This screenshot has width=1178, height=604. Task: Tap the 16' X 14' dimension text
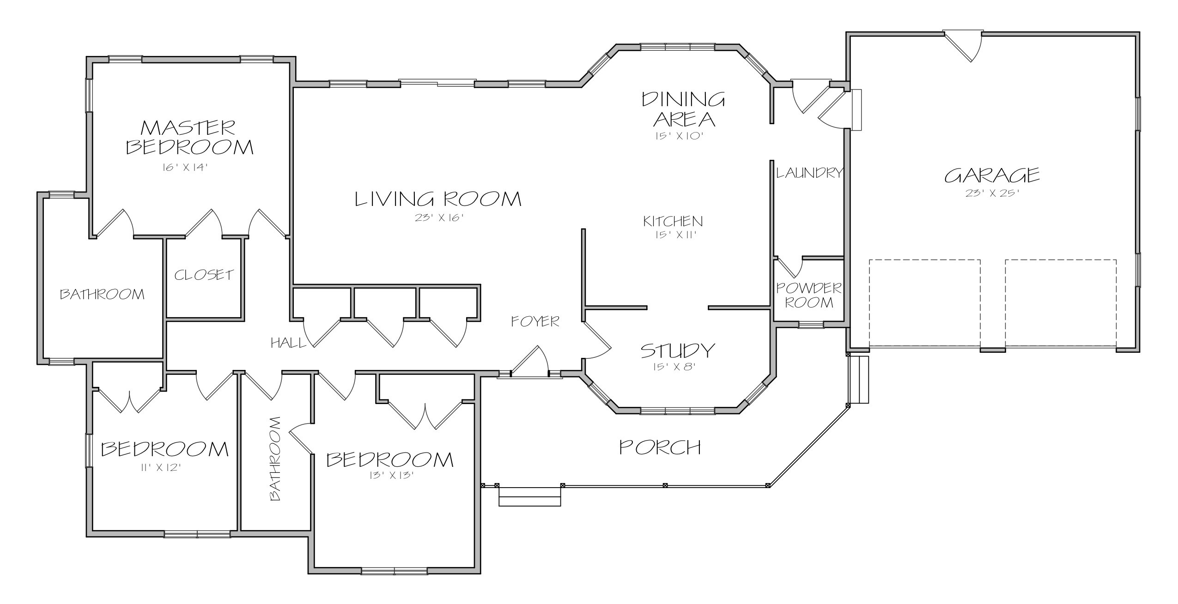tap(183, 168)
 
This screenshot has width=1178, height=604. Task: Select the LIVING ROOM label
tap(438, 199)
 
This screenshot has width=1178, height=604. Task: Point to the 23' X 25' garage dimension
tap(992, 193)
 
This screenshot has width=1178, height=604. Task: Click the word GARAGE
tap(992, 175)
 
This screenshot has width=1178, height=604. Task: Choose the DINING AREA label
tap(684, 109)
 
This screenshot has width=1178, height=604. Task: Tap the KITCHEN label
tap(673, 221)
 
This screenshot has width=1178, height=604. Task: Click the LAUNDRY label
tap(810, 173)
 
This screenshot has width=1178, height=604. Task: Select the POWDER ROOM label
tap(809, 295)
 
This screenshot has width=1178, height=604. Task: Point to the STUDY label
tap(678, 350)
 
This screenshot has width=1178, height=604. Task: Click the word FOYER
tap(535, 321)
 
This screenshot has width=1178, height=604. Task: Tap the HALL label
tap(288, 343)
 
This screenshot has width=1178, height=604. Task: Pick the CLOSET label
tap(204, 275)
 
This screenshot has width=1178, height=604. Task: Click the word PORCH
tap(660, 447)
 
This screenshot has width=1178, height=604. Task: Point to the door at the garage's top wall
tap(962, 45)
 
